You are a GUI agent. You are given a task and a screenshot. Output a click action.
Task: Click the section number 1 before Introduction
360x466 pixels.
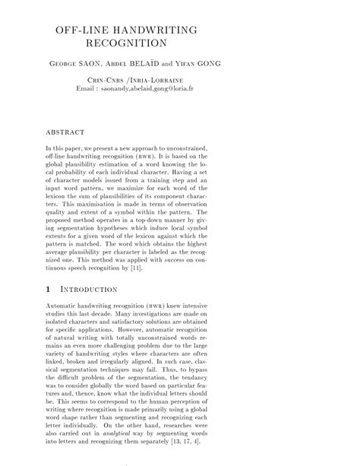point(49,289)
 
